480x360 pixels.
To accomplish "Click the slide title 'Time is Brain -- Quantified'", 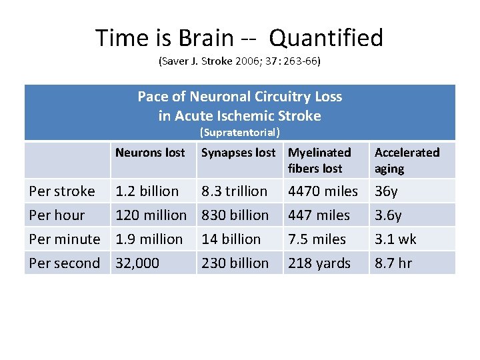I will point(239,37).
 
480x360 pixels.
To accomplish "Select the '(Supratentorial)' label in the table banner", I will point(239,133).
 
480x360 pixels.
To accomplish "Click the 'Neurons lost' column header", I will point(150,153).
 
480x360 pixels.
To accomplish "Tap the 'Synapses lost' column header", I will point(238,153).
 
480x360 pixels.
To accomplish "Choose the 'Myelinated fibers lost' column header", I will point(319,161).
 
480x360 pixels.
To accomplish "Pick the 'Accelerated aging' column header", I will point(407,161).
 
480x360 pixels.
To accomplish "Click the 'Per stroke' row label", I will point(62,191).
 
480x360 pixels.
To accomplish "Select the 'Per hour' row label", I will point(57,215).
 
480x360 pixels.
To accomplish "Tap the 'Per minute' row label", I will point(65,239).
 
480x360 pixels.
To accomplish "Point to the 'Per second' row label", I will point(65,263).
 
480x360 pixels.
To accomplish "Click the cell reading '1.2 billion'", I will point(147,191).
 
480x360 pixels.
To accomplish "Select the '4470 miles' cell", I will point(323,191).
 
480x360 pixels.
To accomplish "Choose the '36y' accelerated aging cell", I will point(386,191).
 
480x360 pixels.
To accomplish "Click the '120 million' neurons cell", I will point(151,215).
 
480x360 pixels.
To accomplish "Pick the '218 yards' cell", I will point(319,263).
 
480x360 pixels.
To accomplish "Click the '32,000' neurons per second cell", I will point(137,263).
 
